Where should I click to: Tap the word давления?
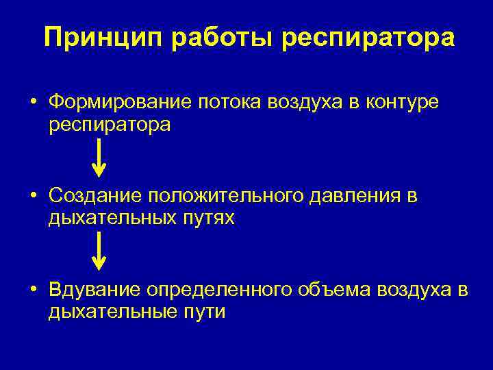coord(353,196)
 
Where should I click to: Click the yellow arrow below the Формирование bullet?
coord(100,157)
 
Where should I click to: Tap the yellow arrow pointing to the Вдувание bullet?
coord(100,251)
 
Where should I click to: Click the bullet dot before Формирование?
coord(33,103)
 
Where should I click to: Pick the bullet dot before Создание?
coord(33,197)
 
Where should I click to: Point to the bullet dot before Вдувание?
coord(33,291)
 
